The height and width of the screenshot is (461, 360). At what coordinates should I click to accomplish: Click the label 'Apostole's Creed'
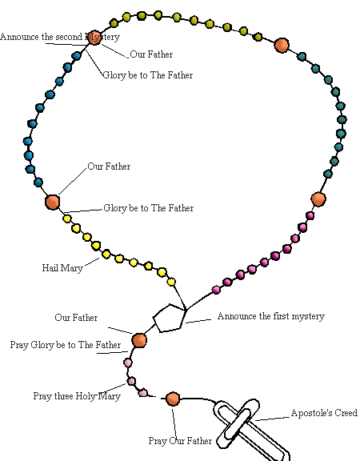coord(324,413)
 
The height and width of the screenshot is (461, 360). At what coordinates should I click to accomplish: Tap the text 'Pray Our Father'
coord(180,441)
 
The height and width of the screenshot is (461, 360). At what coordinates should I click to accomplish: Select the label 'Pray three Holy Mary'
coord(77,396)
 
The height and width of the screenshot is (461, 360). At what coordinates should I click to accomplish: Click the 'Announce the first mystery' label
coord(271,316)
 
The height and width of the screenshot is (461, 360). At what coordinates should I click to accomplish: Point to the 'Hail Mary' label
coord(62,268)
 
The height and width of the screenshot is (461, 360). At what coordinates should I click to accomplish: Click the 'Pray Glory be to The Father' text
coord(66,345)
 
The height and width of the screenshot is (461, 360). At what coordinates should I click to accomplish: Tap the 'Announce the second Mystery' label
coord(60,37)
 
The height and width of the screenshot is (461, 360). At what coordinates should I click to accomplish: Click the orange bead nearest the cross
coord(173,399)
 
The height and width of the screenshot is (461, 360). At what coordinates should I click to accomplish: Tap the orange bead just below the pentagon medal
coord(139,340)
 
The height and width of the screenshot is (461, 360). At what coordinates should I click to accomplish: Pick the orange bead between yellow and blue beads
coord(53,202)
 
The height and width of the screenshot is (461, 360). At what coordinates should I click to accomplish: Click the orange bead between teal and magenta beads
coord(318,199)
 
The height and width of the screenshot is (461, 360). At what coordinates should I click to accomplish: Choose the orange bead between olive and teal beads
coord(282,46)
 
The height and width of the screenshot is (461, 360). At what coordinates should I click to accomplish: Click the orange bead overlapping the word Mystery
coord(94,38)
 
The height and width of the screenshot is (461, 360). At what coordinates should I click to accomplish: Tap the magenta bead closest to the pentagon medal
coord(216,290)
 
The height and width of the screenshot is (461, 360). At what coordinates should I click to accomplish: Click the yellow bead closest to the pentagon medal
coord(171,283)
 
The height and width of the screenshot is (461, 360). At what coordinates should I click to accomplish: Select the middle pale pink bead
coord(131,381)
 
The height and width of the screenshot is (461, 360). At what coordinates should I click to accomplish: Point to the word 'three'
coord(63,396)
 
